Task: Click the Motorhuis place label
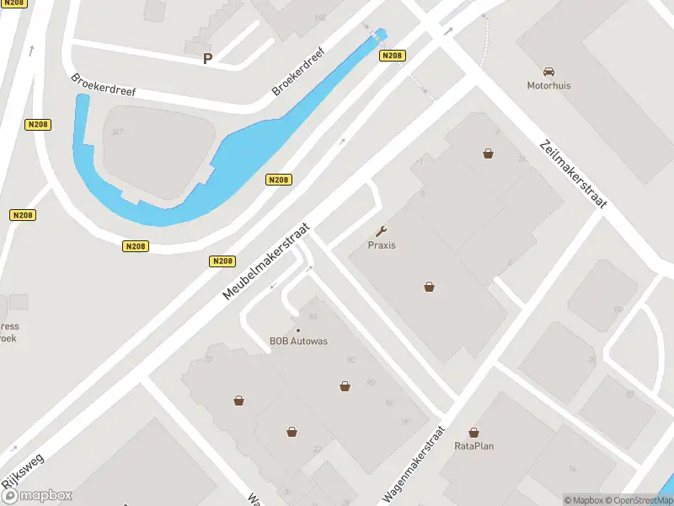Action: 548,85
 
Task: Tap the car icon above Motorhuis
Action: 549,72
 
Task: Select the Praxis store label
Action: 382,245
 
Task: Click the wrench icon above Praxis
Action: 382,231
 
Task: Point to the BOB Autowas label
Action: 298,342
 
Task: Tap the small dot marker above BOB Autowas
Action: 297,330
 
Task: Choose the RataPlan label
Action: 473,445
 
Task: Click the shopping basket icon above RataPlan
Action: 473,432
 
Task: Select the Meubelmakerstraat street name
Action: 267,261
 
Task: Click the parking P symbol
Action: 207,58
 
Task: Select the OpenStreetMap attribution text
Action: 637,500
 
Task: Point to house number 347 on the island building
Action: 117,132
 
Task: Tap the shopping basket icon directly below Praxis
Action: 430,287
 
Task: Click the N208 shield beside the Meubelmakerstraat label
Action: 222,261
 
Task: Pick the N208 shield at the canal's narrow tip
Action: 393,56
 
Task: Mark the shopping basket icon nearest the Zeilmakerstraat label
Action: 488,153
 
